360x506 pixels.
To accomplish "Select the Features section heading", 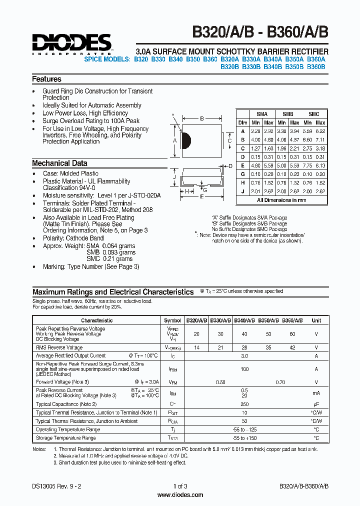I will coord(46,79).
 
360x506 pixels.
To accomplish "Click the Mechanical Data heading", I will coord(59,163).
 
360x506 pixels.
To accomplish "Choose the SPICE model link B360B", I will coord(315,66).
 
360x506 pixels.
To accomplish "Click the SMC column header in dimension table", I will coord(313,114).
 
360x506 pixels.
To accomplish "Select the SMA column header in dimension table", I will coord(262,114).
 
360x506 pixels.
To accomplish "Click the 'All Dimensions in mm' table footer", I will coord(281,200).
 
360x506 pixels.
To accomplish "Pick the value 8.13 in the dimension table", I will coord(320,165).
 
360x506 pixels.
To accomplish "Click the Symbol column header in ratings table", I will coord(173,320).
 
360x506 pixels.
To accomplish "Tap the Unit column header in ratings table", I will coord(316,320).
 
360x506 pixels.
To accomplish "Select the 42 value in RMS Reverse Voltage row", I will coord(292,347).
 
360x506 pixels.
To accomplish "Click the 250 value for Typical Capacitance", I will coord(244,404).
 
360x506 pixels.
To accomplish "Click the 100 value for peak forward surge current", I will coord(244,369).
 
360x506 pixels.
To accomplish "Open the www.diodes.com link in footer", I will coord(180,495).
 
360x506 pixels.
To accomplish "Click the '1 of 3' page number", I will coord(180,486).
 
